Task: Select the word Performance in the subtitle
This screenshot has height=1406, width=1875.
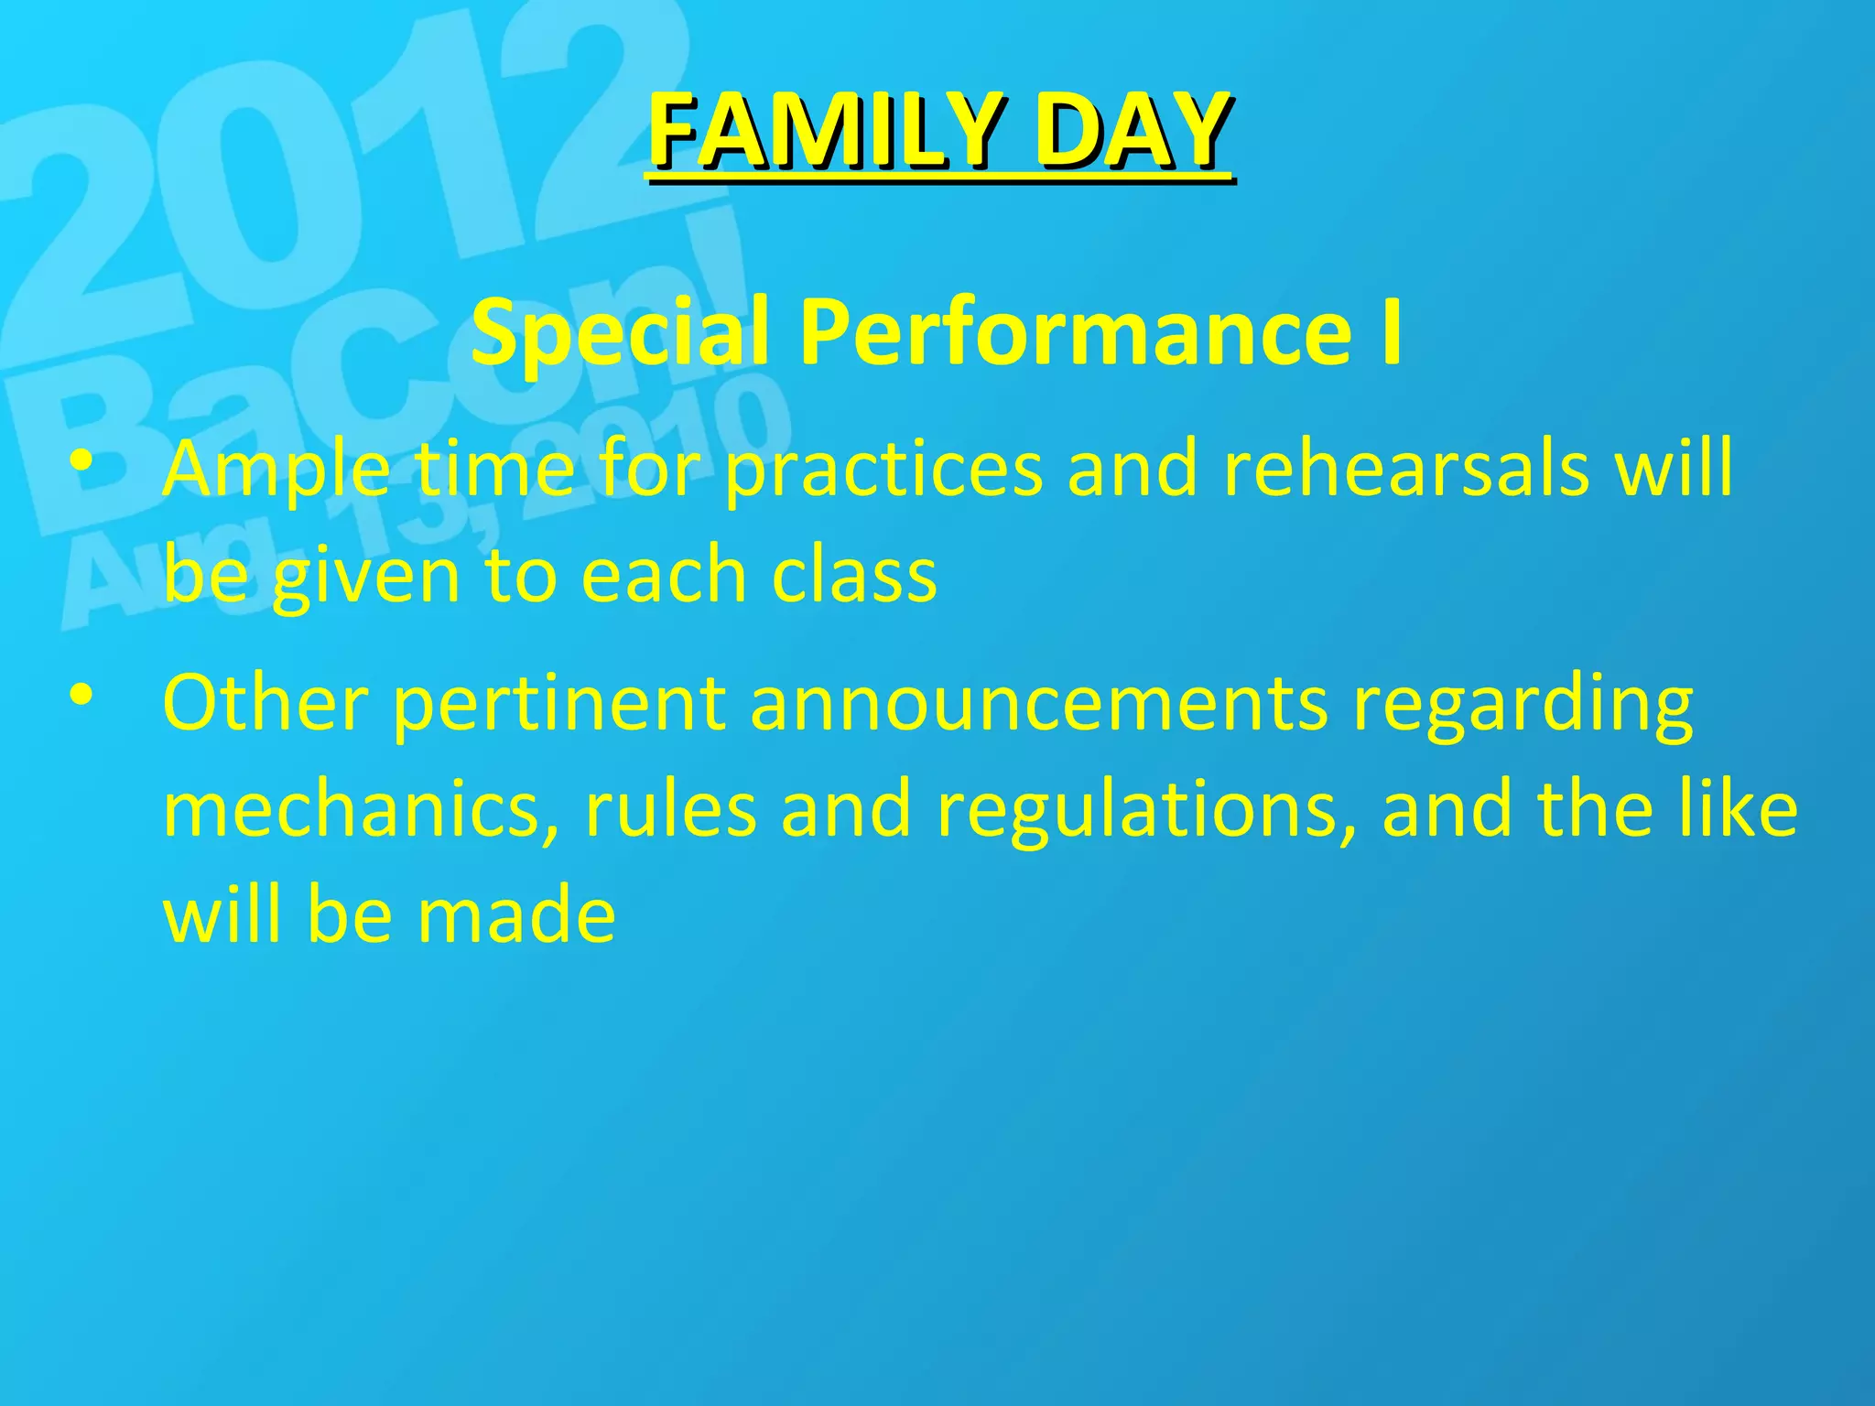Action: coord(1075,331)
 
